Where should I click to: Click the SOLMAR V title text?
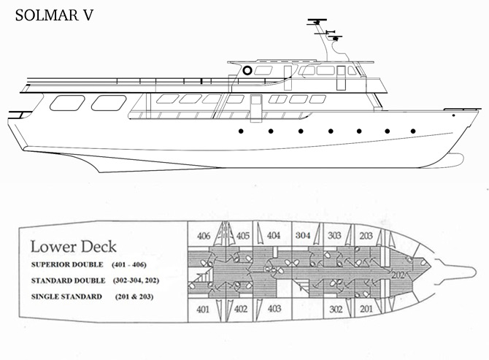click(54, 15)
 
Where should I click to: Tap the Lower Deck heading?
click(74, 246)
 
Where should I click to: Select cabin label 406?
click(204, 236)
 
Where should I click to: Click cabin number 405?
click(242, 236)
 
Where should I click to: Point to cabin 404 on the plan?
click(274, 235)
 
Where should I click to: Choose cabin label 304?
click(303, 235)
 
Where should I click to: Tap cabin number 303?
click(334, 235)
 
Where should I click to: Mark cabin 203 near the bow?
click(366, 236)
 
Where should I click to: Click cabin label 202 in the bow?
click(398, 275)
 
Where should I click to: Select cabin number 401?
click(203, 309)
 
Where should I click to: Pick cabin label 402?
click(241, 309)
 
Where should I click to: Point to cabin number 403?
click(274, 309)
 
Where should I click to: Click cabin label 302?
click(336, 309)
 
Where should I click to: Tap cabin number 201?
click(366, 309)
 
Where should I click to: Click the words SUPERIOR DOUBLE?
click(67, 264)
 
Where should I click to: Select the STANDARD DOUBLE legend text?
click(68, 280)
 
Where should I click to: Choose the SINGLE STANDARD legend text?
click(66, 296)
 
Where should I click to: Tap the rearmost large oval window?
click(67, 103)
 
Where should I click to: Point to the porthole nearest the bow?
click(413, 131)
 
